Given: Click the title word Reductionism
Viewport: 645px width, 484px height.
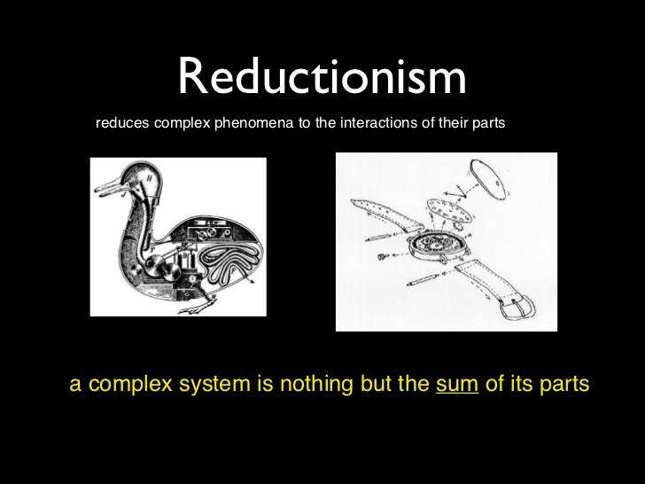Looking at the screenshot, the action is (x=322, y=76).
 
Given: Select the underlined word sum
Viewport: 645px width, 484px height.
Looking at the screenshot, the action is (x=457, y=383).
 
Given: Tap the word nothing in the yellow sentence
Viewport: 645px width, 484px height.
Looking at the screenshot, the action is (x=316, y=384).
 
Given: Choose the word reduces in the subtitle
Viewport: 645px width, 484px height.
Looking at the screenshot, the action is (x=122, y=123).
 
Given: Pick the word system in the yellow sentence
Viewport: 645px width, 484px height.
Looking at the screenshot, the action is (x=214, y=385).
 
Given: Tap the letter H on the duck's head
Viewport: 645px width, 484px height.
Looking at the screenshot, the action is (x=149, y=178).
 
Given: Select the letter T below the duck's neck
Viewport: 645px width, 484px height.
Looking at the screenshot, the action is (x=152, y=249).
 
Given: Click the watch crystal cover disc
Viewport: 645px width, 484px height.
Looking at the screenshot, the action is (x=488, y=179).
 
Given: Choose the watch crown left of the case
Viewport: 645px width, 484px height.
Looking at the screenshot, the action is (x=383, y=256).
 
